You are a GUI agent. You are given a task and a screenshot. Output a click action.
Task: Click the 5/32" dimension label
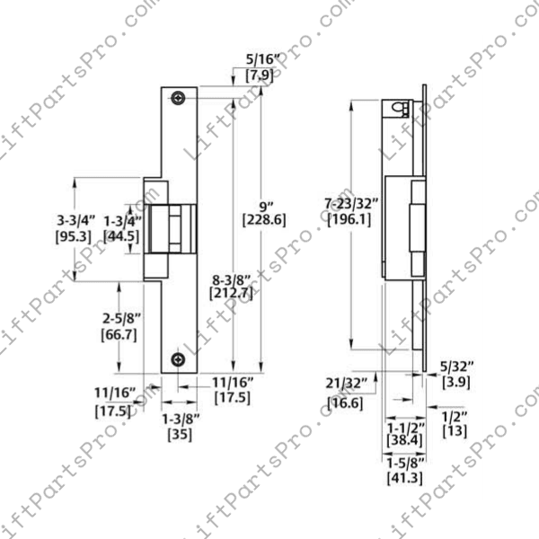click(453, 367)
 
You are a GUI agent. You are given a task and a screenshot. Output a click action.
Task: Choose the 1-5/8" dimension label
click(405, 462)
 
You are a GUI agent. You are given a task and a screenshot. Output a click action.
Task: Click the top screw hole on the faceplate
click(181, 96)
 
